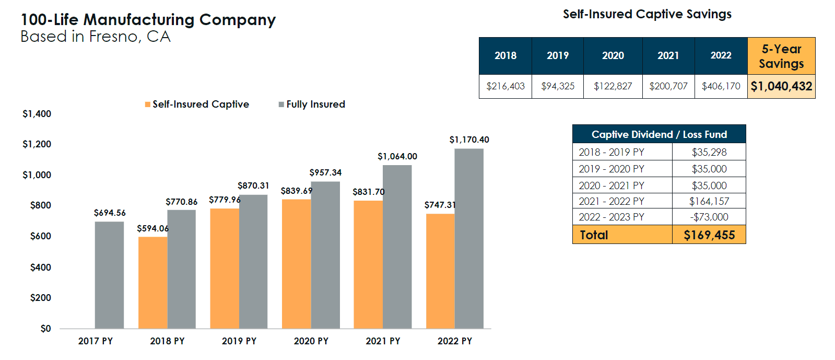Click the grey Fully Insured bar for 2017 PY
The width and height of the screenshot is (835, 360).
point(109,275)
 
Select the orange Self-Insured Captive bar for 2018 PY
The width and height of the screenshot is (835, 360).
point(152,283)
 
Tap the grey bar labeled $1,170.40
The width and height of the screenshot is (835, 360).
point(468,239)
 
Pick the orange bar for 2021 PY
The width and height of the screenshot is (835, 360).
point(368,264)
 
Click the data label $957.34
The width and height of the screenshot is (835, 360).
point(325,172)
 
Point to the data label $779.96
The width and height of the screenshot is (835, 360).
point(225,200)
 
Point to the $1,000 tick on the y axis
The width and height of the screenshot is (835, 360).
point(37,175)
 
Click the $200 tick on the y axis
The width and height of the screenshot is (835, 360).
point(40,298)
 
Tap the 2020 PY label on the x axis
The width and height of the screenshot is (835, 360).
point(311,341)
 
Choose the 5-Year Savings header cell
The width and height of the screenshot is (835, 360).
point(781,56)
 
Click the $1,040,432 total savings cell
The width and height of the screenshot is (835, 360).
point(781,86)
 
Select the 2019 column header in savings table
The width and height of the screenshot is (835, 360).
point(557,55)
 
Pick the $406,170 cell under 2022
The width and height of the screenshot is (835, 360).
point(721,86)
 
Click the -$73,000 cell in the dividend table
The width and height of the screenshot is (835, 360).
point(709,217)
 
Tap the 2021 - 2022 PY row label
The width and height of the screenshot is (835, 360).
point(611,201)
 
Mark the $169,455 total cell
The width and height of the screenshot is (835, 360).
point(709,235)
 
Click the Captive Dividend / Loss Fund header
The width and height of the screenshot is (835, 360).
point(658,134)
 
